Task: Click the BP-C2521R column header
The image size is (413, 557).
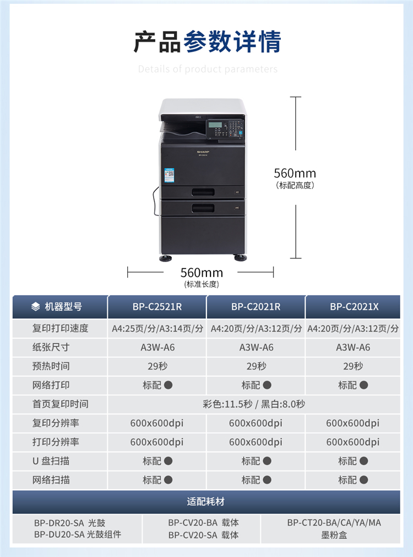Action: point(157,307)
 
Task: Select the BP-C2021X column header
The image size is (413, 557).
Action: point(354,307)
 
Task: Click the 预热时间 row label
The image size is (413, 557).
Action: point(51,366)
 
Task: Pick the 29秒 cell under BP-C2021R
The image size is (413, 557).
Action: point(256,366)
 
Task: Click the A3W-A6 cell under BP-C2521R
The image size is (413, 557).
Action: point(157,348)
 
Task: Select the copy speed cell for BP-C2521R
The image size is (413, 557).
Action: point(157,329)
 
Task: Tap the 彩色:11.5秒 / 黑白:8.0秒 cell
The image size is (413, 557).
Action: point(254,404)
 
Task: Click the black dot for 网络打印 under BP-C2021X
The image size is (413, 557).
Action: point(364,385)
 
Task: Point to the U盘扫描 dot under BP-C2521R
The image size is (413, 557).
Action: point(169,461)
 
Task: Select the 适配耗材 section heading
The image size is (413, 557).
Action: point(206,501)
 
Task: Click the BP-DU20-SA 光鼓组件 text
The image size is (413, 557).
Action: point(78,534)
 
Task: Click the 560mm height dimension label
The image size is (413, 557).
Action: point(295,174)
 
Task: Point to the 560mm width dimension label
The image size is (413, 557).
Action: point(202,273)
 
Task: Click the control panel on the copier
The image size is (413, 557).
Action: point(225,129)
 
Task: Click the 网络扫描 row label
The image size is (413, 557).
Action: point(51,480)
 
